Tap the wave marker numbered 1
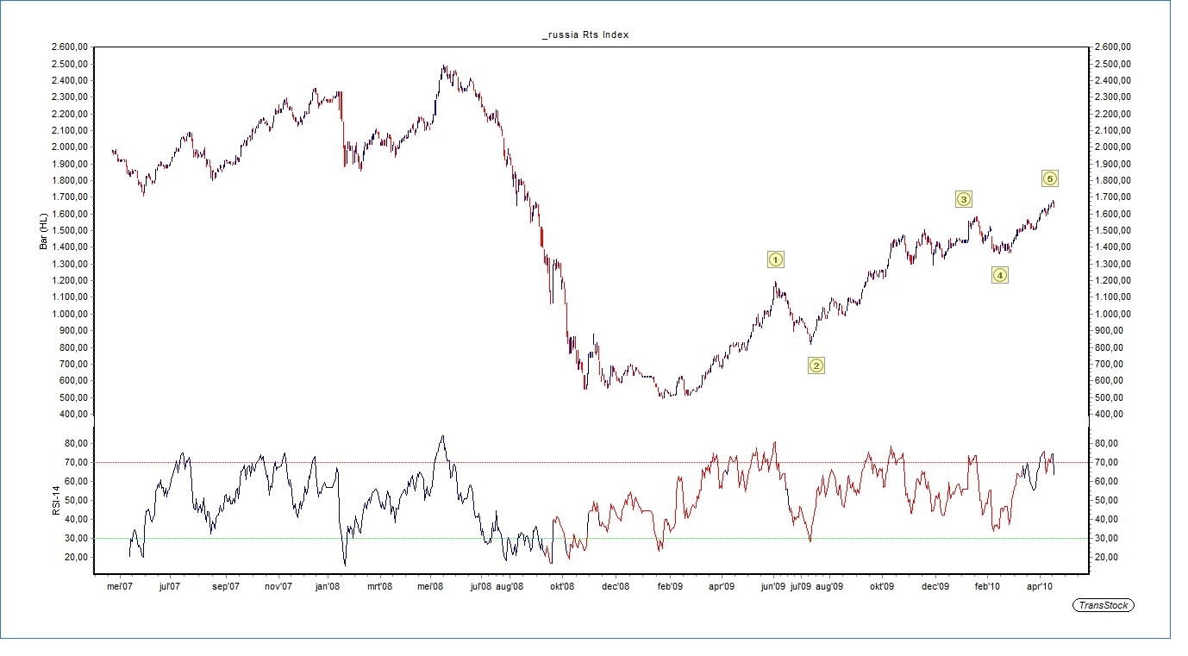coord(775,259)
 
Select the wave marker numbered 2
coord(816,365)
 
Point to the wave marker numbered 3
coord(964,199)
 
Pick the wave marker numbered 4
coord(999,275)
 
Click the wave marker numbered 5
coord(1049,178)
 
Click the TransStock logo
coord(1104,605)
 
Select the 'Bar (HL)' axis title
coord(44,230)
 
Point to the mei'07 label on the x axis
coord(119,587)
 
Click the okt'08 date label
coord(562,587)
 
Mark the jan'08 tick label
coord(328,587)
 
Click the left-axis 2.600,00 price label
coord(70,47)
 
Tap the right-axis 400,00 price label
coord(1107,414)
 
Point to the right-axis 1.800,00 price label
coord(1110,180)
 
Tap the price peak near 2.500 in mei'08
coord(443,66)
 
